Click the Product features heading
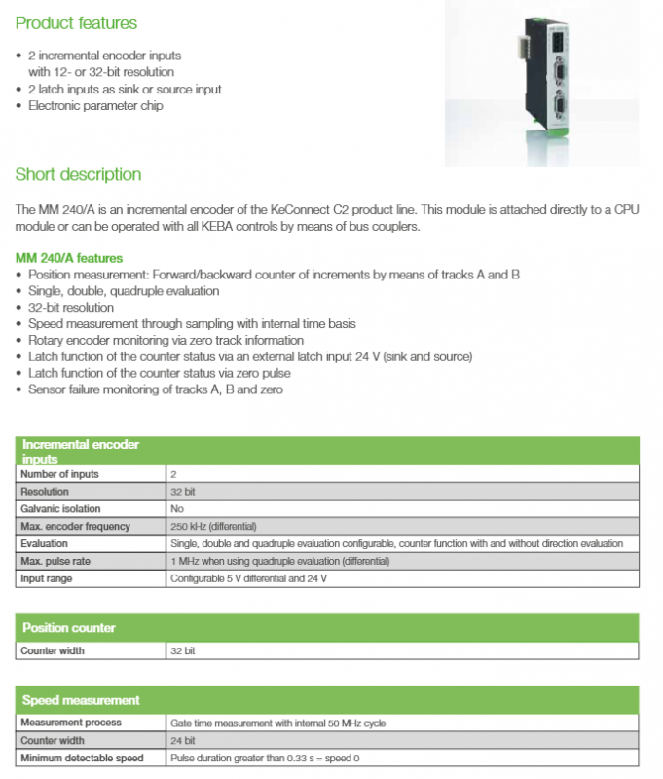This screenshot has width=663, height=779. [77, 22]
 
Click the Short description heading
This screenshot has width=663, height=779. [79, 175]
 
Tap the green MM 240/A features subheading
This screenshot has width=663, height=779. [69, 258]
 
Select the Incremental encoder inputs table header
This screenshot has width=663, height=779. [82, 451]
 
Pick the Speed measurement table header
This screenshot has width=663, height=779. [81, 700]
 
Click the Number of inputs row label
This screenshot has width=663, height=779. [59, 474]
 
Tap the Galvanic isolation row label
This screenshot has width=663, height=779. [60, 509]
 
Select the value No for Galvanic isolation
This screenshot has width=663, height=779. [177, 509]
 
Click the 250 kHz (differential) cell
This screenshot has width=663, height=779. [213, 527]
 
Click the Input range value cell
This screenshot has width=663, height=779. [248, 579]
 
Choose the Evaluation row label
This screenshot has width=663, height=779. [45, 544]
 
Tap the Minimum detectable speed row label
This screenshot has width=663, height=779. [82, 758]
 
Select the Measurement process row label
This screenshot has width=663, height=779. [71, 723]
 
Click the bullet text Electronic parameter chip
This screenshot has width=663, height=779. [95, 106]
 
